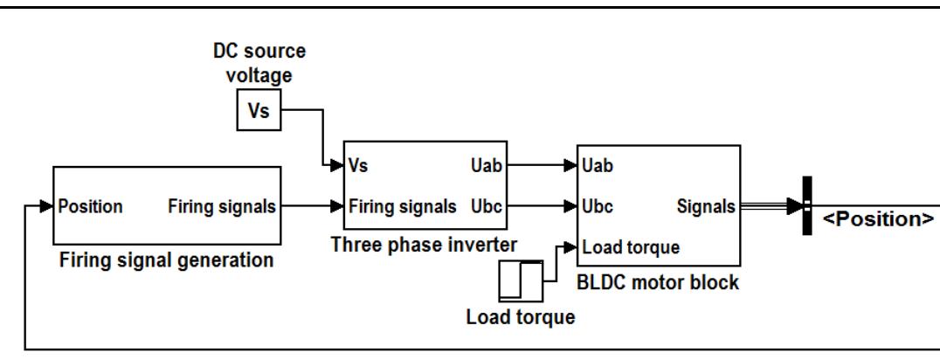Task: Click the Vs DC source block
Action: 259,111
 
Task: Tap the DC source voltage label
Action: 259,64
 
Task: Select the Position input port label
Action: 91,207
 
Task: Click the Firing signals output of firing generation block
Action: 222,207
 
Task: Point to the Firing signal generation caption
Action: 165,260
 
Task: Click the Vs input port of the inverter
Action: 358,164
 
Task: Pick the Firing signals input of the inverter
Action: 402,207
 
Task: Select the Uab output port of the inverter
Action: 487,164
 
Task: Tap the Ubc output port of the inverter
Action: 487,207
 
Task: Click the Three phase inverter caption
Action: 424,246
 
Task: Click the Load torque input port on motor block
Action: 631,246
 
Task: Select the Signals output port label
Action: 706,207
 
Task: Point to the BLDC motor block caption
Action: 658,282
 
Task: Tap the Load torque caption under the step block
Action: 521,317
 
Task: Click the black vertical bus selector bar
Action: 807,206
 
